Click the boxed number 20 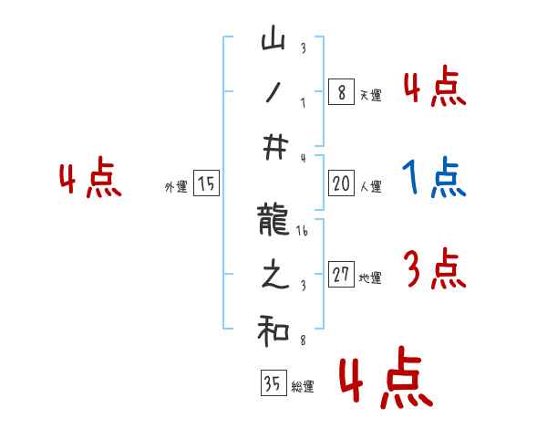[341, 184]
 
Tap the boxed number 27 [341, 276]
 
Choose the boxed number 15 [206, 184]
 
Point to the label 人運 [370, 187]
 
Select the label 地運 [370, 278]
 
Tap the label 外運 [176, 187]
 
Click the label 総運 [303, 387]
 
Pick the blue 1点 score [434, 177]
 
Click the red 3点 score [434, 269]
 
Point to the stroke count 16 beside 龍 [303, 233]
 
